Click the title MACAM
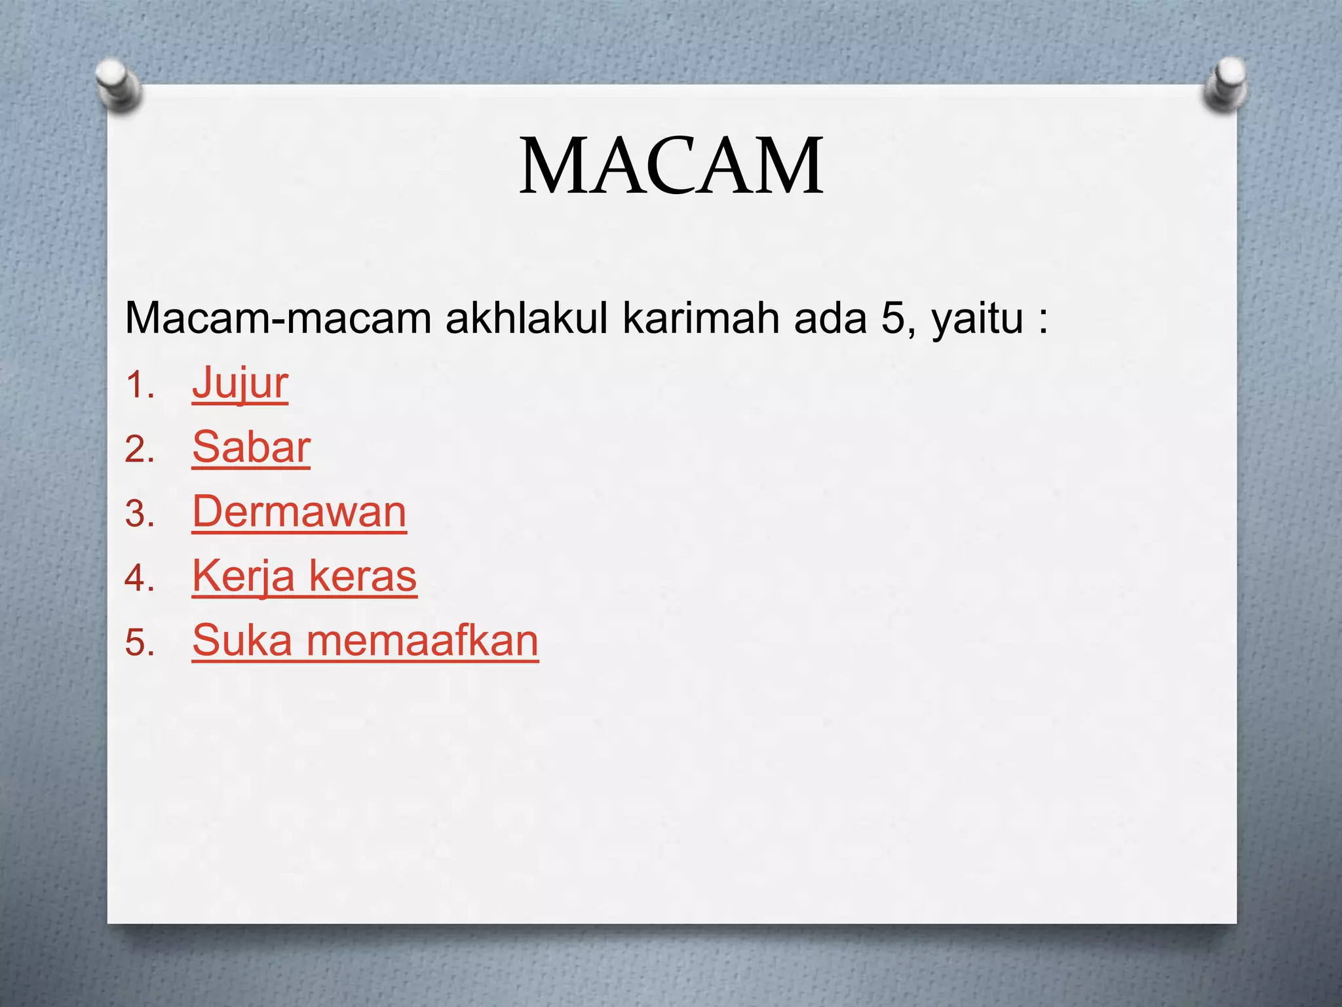671,167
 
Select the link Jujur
240,384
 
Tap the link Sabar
251,448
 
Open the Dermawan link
299,512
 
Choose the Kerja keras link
305,576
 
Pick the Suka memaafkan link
365,641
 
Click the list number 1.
139,385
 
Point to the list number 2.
139,450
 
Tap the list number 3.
139,514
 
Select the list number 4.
139,578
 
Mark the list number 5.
139,642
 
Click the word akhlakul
527,319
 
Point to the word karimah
701,319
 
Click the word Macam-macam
278,319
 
